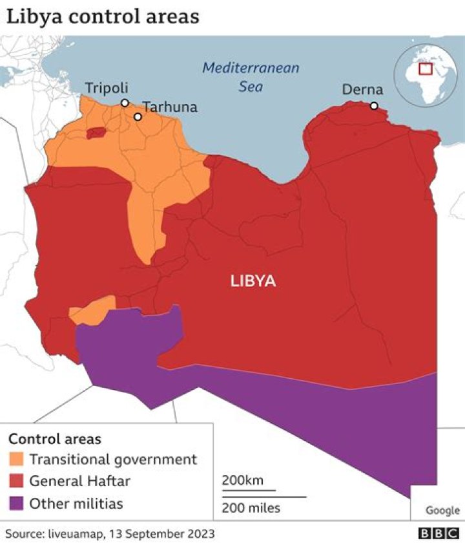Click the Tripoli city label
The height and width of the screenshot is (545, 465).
107,88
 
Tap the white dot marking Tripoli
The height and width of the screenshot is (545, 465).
125,103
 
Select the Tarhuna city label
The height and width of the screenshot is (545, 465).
170,107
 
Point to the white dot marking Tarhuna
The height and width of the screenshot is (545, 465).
138,117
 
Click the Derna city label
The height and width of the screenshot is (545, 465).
362,90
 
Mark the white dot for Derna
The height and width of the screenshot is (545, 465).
374,105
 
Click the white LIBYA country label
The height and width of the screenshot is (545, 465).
253,281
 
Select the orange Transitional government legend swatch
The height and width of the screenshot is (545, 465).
17,460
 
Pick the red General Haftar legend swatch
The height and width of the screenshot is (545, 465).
17,481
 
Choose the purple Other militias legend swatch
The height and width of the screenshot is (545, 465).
17,503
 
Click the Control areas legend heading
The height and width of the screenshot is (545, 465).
54,439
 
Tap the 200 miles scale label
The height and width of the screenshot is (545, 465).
251,508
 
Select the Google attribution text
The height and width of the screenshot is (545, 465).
442,510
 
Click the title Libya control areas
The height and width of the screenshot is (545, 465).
103,16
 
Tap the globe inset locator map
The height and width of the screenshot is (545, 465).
425,76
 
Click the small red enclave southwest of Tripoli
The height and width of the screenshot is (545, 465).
96,133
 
